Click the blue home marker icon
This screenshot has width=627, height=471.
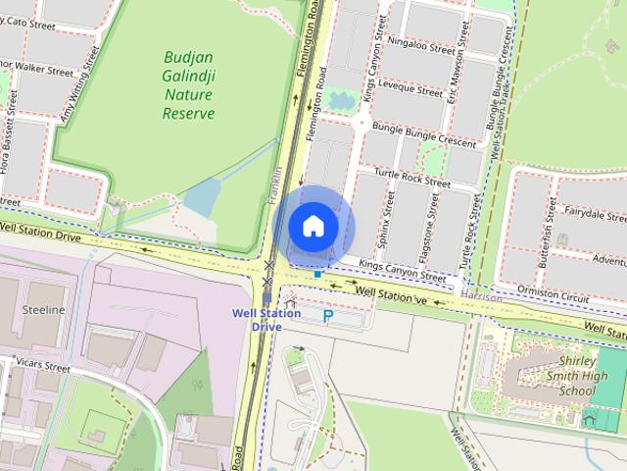click(x=313, y=226)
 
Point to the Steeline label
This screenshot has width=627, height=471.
click(x=42, y=310)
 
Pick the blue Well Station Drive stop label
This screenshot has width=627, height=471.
click(x=265, y=320)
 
